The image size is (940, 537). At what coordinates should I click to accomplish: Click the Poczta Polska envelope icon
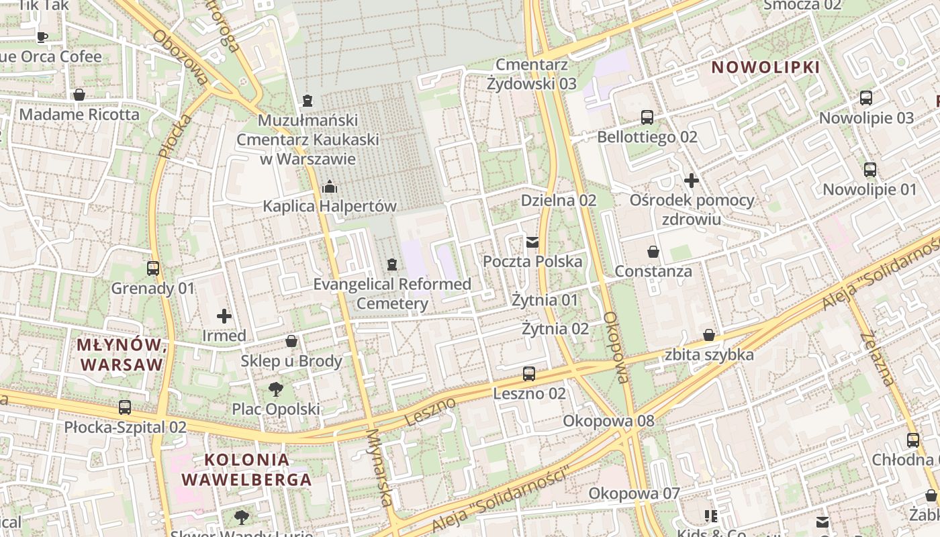pos(532,242)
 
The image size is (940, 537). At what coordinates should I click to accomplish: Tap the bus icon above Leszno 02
pos(529,374)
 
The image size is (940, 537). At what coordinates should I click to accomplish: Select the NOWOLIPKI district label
pos(765,67)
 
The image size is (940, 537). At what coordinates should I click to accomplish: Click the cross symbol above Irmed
pos(224,315)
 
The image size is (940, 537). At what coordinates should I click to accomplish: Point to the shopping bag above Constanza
pos(653,252)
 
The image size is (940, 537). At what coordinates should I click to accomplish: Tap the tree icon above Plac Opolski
pos(275,389)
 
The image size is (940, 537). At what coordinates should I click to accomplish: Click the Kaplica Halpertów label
pos(330,206)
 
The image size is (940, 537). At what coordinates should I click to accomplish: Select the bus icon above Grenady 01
pos(153,268)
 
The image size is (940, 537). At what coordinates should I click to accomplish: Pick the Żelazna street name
pos(878,359)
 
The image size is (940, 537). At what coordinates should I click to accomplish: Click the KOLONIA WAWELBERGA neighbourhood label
pos(247,470)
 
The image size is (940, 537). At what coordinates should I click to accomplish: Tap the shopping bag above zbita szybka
pos(709,335)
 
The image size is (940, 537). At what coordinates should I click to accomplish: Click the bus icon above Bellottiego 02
pos(647,117)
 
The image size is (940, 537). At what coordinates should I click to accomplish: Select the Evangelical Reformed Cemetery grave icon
pos(392,265)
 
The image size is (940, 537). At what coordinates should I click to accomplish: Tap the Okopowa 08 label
pos(608,421)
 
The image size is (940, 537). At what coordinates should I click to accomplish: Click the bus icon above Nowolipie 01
pos(870,170)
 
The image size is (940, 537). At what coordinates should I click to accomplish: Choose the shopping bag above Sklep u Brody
pos(291,341)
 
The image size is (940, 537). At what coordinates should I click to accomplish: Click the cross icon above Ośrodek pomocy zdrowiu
pos(692,180)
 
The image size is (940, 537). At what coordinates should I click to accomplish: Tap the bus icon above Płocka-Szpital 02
pos(125,407)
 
